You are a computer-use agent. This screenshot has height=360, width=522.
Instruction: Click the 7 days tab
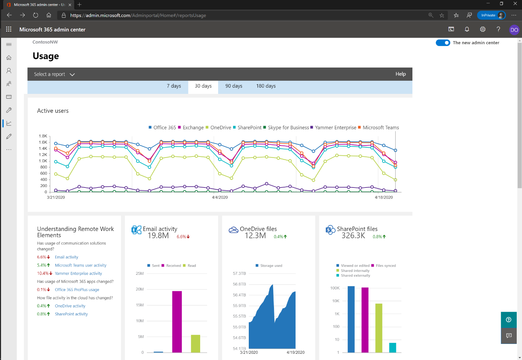[174, 86]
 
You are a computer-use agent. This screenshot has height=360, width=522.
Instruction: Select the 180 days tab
[266, 86]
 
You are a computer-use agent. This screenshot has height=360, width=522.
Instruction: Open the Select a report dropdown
[54, 75]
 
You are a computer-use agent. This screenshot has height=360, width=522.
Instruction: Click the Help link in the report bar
[400, 74]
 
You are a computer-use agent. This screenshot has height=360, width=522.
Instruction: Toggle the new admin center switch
[443, 43]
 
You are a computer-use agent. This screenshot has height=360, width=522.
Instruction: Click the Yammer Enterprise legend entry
[335, 128]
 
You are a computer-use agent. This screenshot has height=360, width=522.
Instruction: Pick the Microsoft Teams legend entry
[381, 128]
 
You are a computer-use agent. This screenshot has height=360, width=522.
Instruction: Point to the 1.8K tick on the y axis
[43, 136]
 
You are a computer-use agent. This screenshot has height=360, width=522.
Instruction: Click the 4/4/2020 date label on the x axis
[220, 197]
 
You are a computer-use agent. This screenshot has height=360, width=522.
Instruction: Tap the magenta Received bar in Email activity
[177, 322]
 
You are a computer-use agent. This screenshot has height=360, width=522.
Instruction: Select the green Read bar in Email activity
[195, 344]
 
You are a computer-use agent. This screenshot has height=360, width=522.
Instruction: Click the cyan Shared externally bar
[393, 348]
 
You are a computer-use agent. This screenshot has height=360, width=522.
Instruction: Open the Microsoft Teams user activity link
[81, 265]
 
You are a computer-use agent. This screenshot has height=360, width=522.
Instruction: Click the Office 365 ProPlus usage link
[77, 290]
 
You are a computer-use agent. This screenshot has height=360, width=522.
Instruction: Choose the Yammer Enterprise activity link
[79, 273]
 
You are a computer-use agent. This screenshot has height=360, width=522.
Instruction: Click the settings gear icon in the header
[483, 30]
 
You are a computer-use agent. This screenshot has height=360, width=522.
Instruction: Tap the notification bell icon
[467, 30]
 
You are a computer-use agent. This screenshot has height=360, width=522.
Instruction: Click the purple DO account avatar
[514, 30]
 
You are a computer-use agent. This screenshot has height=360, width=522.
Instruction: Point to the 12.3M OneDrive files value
[255, 236]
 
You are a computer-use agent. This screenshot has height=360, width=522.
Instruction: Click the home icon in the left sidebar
[9, 58]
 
